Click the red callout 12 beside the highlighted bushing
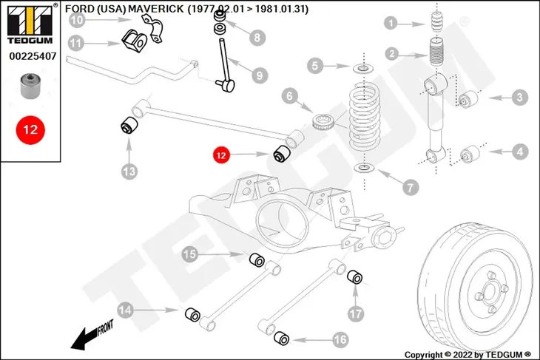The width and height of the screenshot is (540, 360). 221,155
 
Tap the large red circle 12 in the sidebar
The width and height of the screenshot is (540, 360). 30,130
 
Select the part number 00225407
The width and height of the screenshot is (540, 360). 33,56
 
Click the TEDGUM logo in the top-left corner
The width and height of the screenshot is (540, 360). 30,24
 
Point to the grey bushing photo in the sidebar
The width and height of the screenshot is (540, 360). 30,86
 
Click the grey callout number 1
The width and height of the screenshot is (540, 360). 391,24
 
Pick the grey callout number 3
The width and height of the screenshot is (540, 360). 520,98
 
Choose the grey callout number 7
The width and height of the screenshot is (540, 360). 411,188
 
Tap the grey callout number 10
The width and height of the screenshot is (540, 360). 77,20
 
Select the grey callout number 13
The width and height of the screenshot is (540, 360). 129,171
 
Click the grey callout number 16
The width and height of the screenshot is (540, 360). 340,340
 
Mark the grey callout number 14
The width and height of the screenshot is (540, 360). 125,310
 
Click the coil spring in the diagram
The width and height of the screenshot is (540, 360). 365,116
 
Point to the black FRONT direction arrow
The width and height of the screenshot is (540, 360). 92,336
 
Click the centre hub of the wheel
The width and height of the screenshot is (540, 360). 489,293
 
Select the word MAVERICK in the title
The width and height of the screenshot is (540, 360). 155,9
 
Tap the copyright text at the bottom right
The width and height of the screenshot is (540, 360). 468,355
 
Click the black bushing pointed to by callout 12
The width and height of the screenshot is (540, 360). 282,154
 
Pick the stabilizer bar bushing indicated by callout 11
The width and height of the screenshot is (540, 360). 134,41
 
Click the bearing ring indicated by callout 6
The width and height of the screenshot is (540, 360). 323,121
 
